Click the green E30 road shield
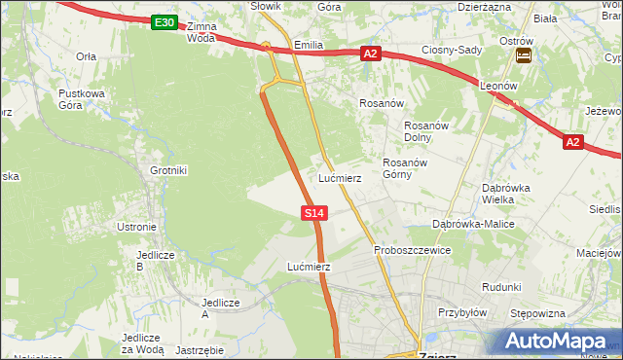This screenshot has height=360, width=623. (165, 22)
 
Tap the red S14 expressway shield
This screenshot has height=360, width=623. (313, 212)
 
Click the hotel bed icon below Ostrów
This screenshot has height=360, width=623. (524, 56)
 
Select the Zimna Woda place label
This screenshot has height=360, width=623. (202, 32)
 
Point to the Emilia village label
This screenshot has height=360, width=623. (308, 45)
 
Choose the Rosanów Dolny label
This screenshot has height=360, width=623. (424, 131)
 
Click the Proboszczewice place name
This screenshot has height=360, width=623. (413, 250)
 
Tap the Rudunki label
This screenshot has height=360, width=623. (502, 287)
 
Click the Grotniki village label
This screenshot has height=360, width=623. (168, 170)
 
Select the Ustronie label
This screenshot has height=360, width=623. (137, 227)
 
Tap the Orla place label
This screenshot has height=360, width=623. (87, 56)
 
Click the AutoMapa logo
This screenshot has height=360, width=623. (554, 341)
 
